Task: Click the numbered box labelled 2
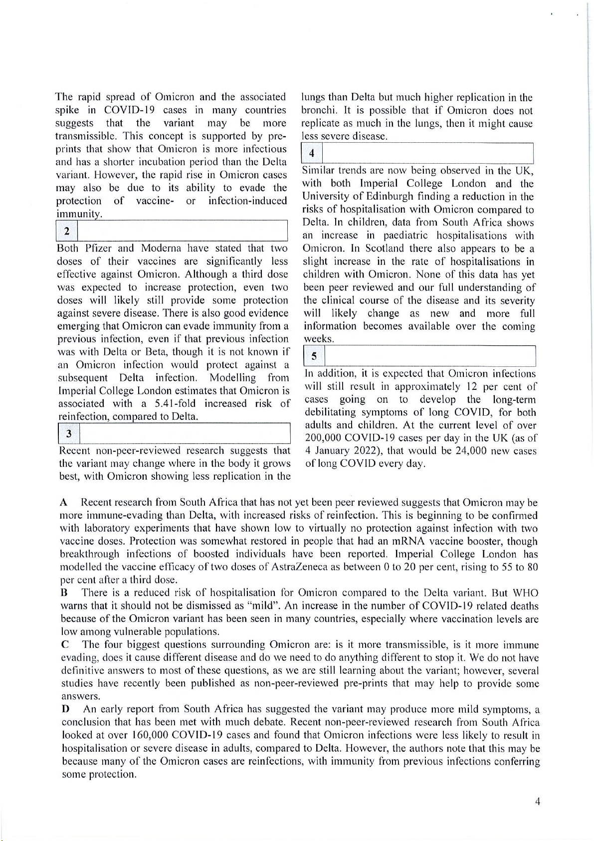point(67,231)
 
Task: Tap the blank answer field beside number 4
point(427,153)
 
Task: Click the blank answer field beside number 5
point(429,356)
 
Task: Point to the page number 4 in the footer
point(538,802)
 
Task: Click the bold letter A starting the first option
point(63,502)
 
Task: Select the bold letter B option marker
point(64,593)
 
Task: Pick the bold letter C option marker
point(65,645)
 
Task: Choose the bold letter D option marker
point(65,709)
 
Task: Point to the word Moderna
point(158,248)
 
